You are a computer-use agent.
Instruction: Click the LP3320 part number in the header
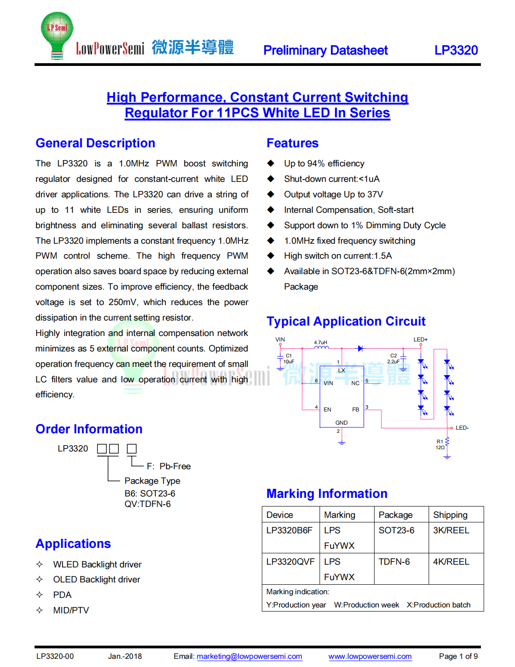(456, 50)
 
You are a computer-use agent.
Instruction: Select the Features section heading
(292, 143)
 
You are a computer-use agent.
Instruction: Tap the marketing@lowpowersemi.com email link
(249, 656)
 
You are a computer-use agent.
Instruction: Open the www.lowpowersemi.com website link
(370, 656)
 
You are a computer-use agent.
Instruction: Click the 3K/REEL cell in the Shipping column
(451, 530)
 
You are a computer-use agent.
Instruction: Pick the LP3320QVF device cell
(290, 562)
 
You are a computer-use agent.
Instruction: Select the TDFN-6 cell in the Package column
(394, 562)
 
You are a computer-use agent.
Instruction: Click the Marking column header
(340, 515)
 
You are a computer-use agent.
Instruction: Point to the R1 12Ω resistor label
(440, 445)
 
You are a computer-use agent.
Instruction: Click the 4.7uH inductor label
(320, 342)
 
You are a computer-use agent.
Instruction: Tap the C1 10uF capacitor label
(289, 359)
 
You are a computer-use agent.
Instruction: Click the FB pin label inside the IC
(355, 410)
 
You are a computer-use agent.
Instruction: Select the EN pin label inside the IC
(327, 410)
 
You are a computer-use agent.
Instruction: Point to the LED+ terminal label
(420, 340)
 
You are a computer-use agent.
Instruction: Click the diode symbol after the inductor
(360, 349)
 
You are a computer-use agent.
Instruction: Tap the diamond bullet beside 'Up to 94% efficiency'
(271, 163)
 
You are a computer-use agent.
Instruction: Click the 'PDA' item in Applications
(62, 595)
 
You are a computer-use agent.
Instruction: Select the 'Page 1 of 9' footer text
(458, 656)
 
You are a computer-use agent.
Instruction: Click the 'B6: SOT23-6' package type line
(150, 493)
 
